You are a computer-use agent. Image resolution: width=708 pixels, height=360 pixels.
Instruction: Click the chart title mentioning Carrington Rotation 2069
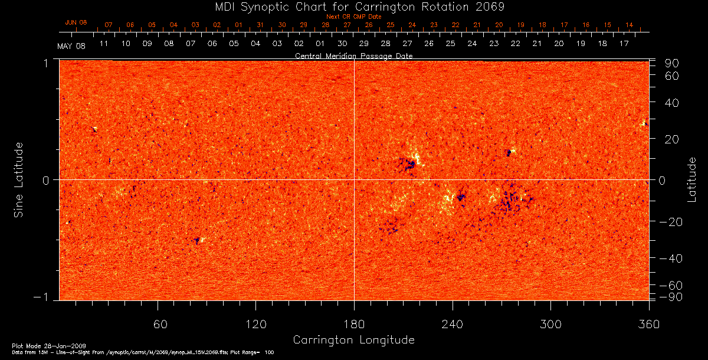[353, 7]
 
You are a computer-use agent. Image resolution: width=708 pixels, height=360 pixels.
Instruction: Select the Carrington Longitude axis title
[353, 340]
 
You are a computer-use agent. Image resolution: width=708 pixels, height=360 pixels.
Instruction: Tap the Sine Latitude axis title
[19, 179]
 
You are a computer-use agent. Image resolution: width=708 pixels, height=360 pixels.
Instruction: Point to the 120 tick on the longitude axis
[255, 325]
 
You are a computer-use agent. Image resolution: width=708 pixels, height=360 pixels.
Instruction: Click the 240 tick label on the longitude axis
[452, 325]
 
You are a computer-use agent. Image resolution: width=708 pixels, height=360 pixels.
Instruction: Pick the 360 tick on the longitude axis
[648, 325]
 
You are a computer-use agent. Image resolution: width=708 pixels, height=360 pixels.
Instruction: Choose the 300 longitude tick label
[550, 325]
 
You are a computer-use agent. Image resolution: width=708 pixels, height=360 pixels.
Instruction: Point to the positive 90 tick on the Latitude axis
[673, 63]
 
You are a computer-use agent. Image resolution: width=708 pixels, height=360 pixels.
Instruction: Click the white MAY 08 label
[71, 46]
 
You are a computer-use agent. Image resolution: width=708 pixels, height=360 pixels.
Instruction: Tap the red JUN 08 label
[76, 22]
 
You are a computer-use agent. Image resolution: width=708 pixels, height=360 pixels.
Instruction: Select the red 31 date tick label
[260, 25]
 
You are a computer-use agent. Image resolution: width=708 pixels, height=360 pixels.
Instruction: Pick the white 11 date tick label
[104, 44]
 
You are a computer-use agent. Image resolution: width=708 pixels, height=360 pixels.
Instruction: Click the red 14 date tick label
[630, 25]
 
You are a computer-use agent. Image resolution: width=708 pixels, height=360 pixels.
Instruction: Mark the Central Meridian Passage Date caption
[353, 55]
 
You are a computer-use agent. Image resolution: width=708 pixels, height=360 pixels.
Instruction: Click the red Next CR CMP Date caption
[353, 17]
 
